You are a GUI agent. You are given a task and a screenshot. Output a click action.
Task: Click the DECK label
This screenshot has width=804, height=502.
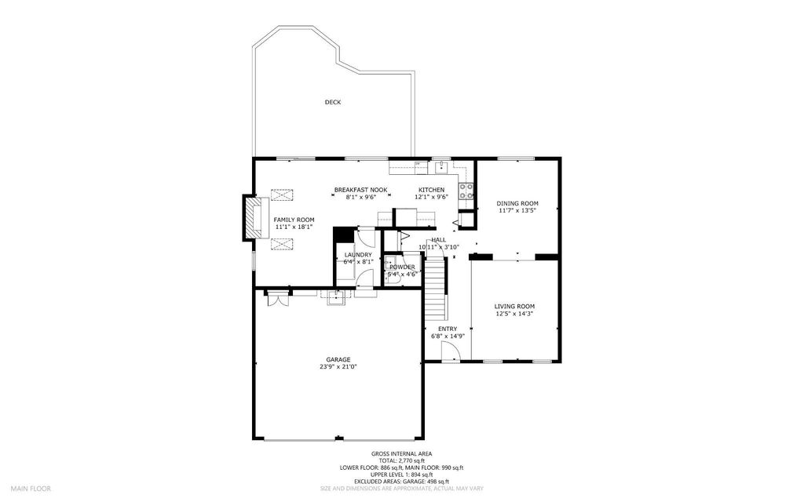click(333, 102)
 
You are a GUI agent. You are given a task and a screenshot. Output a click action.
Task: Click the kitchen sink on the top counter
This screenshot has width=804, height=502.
click(442, 166)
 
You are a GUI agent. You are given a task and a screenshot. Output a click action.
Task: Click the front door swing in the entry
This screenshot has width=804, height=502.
click(450, 352)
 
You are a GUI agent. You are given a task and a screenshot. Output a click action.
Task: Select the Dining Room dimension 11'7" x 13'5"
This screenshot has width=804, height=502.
click(517, 210)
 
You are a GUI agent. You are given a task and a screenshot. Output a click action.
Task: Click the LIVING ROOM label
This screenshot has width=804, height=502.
click(514, 306)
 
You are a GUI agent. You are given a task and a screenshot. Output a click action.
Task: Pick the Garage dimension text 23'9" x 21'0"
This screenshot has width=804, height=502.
click(334, 366)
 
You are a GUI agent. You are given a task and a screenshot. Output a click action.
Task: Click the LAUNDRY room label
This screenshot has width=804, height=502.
click(357, 255)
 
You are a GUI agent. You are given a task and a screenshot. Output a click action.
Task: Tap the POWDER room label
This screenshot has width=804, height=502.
click(402, 267)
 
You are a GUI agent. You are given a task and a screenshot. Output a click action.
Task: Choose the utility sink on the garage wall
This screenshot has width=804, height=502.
click(337, 296)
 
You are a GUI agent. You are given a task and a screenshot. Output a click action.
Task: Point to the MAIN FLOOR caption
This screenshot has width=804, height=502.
click(31, 488)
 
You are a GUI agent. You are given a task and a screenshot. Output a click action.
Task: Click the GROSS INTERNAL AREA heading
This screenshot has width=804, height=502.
click(401, 453)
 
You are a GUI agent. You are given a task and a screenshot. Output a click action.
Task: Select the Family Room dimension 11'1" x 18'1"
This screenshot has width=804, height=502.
click(294, 227)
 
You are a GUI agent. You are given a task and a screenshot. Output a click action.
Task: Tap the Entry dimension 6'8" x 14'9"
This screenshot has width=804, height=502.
click(448, 336)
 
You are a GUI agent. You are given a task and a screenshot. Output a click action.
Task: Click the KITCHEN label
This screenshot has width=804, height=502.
click(431, 190)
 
